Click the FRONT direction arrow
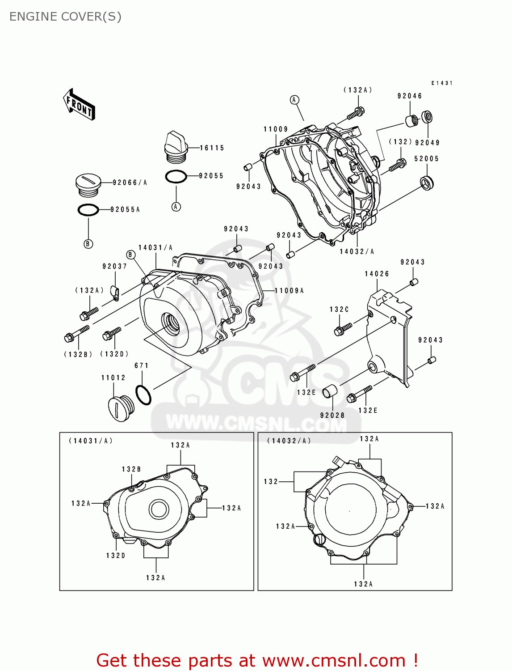(79, 104)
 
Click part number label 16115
(212, 148)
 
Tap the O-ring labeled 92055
(176, 177)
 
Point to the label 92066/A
(130, 183)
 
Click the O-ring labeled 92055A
(88, 209)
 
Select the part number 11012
(113, 378)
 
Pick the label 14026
(377, 274)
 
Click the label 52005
(426, 159)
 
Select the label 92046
(410, 96)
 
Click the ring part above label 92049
(428, 117)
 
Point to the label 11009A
(289, 291)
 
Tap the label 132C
(339, 310)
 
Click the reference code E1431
(442, 83)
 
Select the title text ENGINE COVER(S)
(65, 17)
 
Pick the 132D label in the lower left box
(116, 556)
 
